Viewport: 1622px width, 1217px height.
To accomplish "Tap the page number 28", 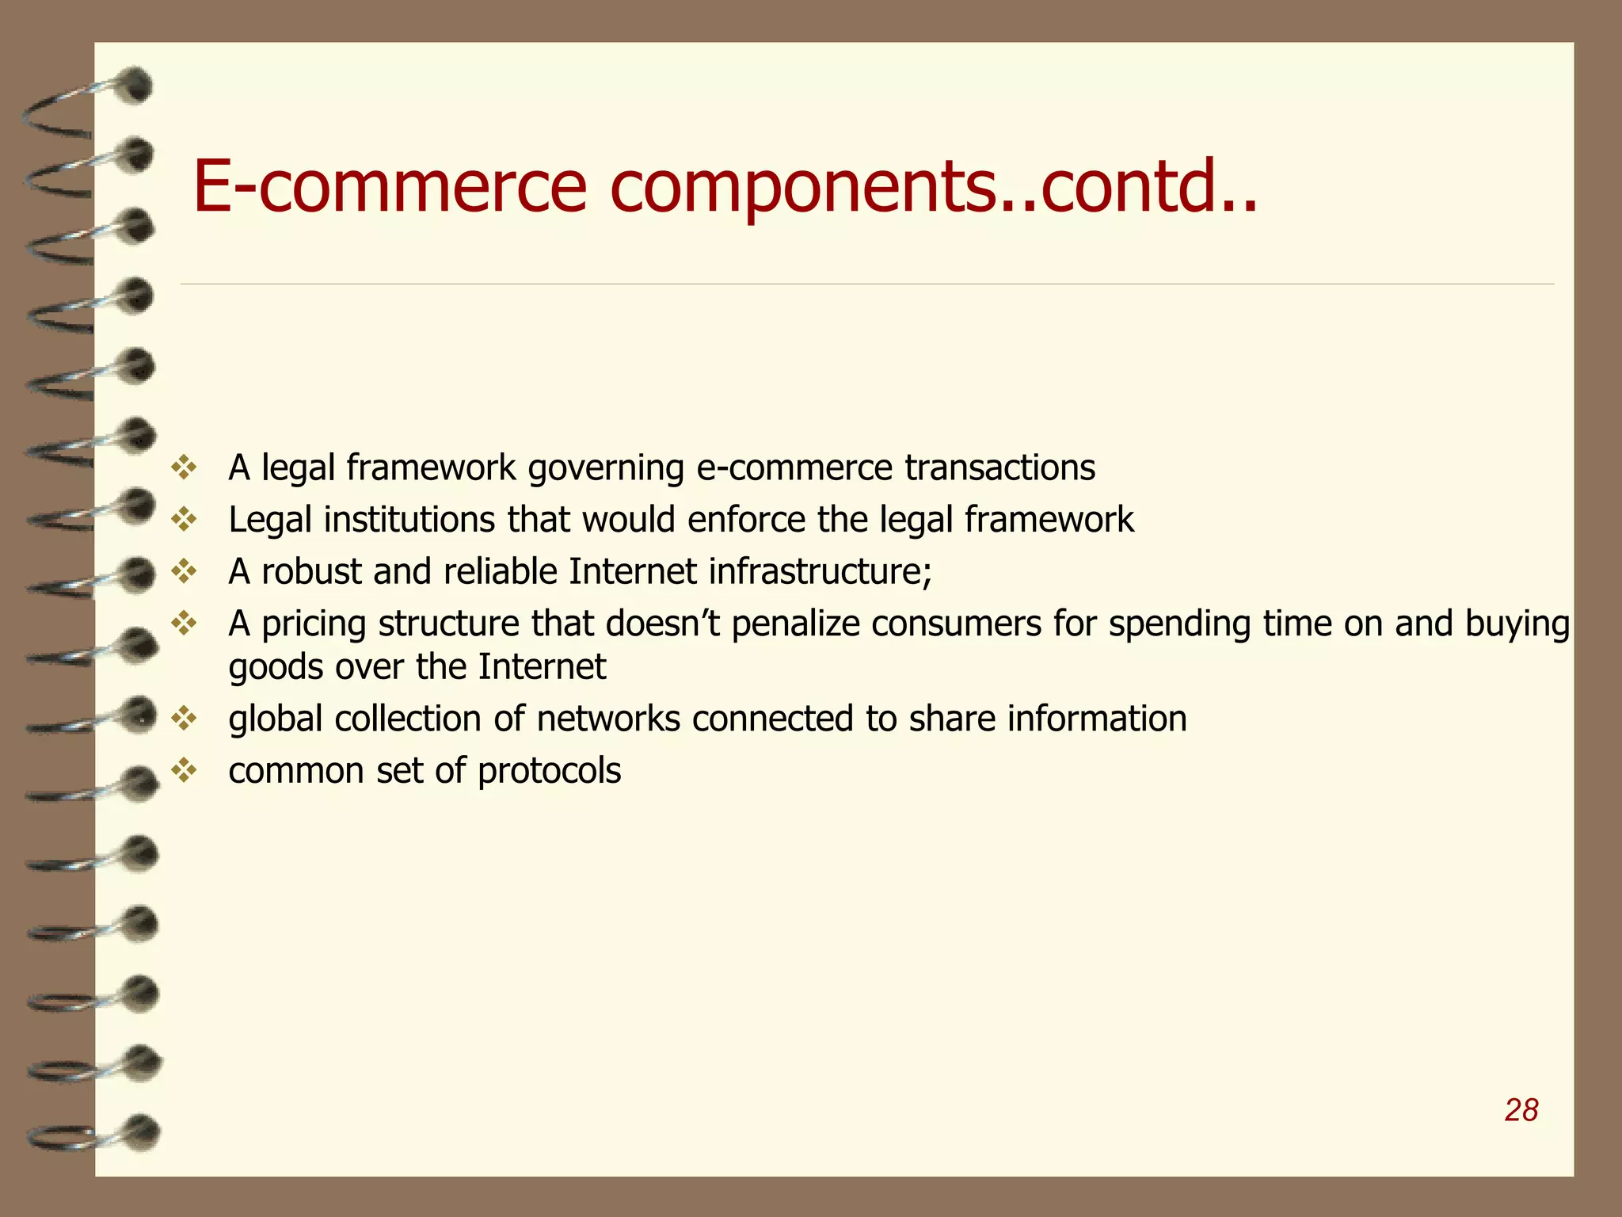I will pos(1521,1110).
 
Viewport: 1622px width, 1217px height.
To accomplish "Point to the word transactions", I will pos(1000,467).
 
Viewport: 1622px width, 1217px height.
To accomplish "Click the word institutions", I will pos(409,520).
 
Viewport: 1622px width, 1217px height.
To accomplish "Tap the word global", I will pos(276,719).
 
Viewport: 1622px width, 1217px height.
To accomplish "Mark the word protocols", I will pos(550,771).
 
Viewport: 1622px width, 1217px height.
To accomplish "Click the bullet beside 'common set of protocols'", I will pos(184,770).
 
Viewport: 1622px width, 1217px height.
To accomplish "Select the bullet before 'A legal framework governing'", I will pos(184,467).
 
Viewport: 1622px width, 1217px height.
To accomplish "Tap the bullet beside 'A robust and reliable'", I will pos(184,571).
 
